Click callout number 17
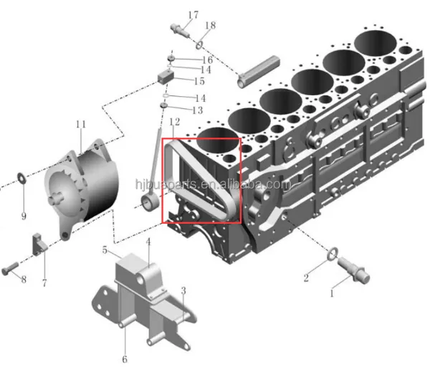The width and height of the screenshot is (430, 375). pyautogui.click(x=193, y=15)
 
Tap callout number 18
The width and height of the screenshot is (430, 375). pyautogui.click(x=210, y=26)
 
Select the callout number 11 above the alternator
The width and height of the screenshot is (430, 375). pyautogui.click(x=81, y=124)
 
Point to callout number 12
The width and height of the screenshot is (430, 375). pyautogui.click(x=175, y=122)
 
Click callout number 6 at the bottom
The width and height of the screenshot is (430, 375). pyautogui.click(x=125, y=359)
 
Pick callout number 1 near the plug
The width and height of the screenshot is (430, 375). pyautogui.click(x=332, y=293)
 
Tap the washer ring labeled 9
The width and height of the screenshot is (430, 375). pyautogui.click(x=21, y=177)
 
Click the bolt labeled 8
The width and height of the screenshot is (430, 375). pyautogui.click(x=10, y=268)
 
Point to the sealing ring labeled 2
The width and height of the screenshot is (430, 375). pyautogui.click(x=333, y=254)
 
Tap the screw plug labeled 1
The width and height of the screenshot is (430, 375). pyautogui.click(x=353, y=270)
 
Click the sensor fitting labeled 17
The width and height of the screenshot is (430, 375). pyautogui.click(x=180, y=31)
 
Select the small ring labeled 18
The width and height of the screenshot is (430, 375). pyautogui.click(x=199, y=45)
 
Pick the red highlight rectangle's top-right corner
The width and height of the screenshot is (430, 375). pyautogui.click(x=241, y=138)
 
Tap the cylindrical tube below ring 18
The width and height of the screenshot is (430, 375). pyautogui.click(x=259, y=72)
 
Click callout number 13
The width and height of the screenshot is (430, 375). pyautogui.click(x=197, y=110)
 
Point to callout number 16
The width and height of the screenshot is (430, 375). pyautogui.click(x=207, y=60)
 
